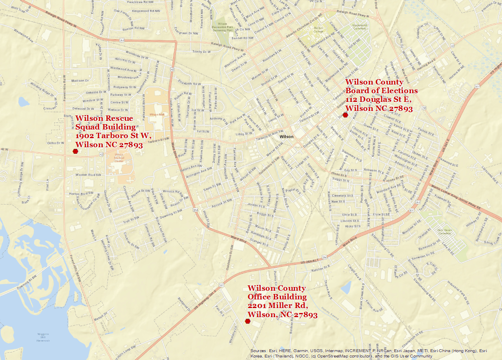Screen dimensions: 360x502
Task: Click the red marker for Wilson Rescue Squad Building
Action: point(75,151)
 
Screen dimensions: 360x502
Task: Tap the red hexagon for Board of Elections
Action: point(345,115)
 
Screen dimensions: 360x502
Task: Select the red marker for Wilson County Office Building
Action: point(248,321)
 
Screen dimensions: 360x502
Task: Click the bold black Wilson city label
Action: point(286,136)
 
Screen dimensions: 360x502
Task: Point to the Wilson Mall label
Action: point(157,114)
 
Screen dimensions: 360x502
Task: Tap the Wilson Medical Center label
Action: point(119,157)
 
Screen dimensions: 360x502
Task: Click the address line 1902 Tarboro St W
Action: point(114,136)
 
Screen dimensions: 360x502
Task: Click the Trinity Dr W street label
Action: point(201,52)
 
